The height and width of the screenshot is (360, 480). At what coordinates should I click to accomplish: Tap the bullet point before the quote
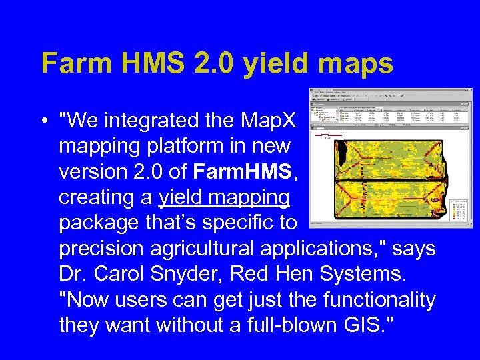click(44, 121)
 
